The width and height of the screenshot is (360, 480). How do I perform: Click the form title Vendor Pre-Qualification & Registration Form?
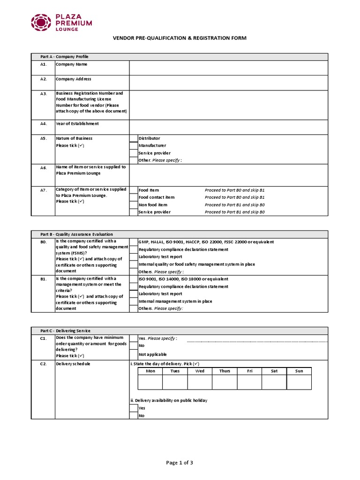pos(180,38)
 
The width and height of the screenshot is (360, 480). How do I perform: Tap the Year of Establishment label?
pos(77,124)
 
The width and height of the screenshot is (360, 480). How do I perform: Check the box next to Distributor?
pos(134,138)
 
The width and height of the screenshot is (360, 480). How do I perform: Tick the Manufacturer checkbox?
pos(134,146)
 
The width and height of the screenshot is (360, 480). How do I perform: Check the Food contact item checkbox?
pos(134,197)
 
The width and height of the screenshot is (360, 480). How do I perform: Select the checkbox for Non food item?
pos(134,205)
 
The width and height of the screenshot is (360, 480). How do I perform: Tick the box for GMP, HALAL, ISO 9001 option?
pos(134,242)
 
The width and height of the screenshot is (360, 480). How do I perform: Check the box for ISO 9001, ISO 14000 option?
pos(134,279)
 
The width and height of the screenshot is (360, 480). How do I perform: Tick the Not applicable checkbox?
pos(134,354)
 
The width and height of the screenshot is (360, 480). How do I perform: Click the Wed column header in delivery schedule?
pos(200,371)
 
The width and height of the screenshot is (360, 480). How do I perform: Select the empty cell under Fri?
pos(249,382)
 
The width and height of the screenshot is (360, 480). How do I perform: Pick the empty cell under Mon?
pos(150,382)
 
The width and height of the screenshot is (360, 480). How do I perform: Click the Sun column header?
pos(299,371)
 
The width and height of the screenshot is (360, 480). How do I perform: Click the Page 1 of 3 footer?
pos(180,463)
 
